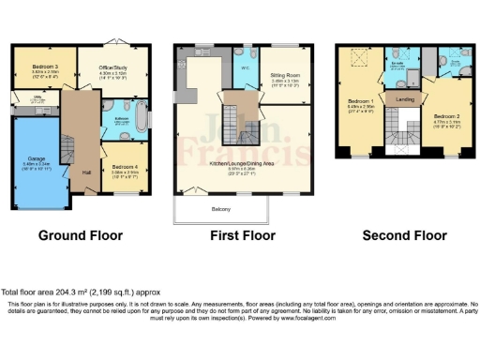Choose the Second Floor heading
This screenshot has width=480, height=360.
point(405,234)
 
